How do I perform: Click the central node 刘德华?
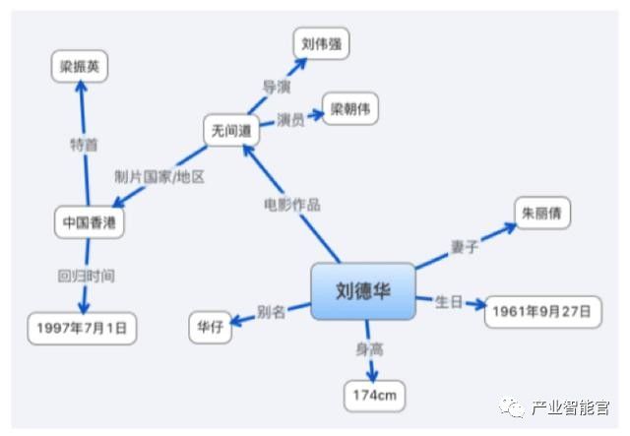[361, 291]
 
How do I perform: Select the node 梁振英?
[80, 67]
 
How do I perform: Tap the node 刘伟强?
[321, 42]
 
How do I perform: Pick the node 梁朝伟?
[348, 107]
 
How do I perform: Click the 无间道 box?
[229, 130]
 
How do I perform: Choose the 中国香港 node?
[89, 222]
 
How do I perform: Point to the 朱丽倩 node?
[542, 213]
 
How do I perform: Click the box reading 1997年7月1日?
[82, 328]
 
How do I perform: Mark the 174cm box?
[374, 396]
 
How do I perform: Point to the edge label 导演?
[276, 87]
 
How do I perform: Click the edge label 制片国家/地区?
[159, 176]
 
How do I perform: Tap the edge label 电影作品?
[291, 205]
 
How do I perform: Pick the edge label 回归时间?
[85, 276]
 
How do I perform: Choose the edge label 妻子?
[464, 247]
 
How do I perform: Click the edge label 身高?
[370, 348]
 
